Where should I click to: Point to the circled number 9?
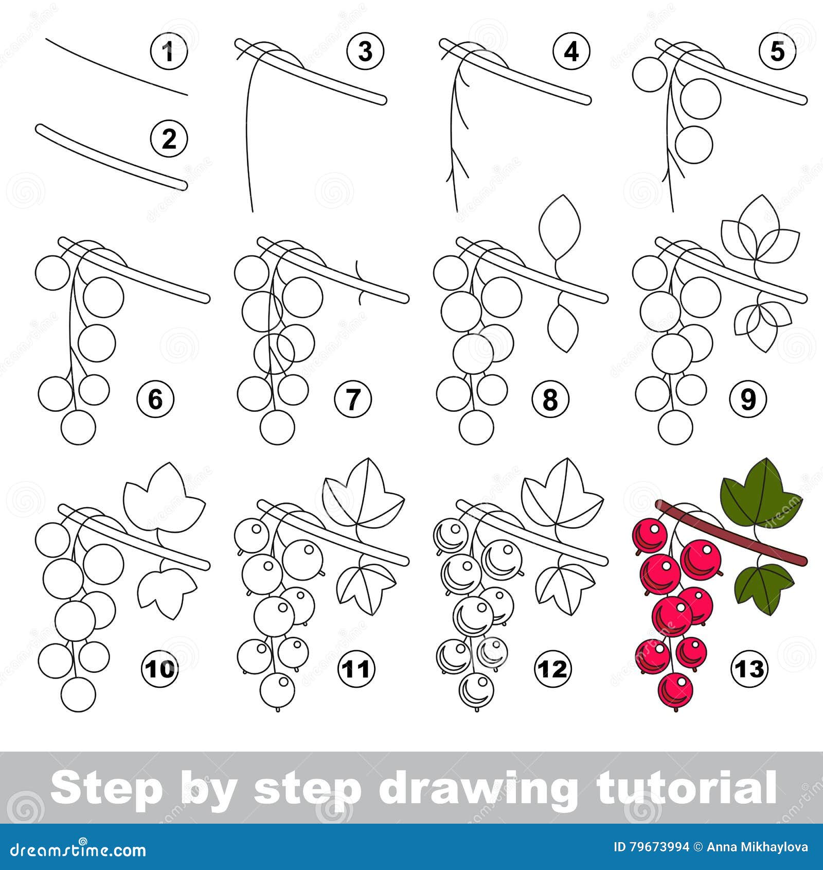tap(748, 399)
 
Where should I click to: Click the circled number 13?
tap(749, 669)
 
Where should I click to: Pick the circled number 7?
tap(352, 399)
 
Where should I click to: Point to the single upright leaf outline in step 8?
tap(560, 227)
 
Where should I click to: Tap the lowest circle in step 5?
tap(694, 144)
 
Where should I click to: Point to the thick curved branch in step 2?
tap(111, 157)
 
